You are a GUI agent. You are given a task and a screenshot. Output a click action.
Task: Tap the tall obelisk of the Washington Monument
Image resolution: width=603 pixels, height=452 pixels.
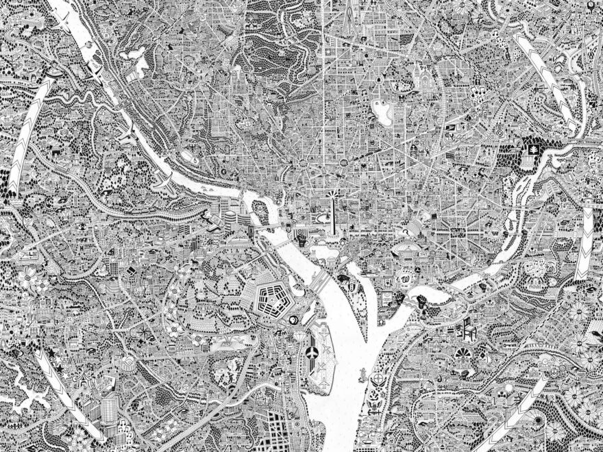pos(330,208)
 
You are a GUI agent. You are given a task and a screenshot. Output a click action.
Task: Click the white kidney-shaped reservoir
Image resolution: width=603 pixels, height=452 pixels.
pos(380,110)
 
